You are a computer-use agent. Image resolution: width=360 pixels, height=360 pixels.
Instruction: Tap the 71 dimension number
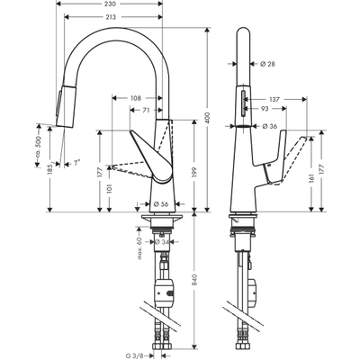[145, 110]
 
